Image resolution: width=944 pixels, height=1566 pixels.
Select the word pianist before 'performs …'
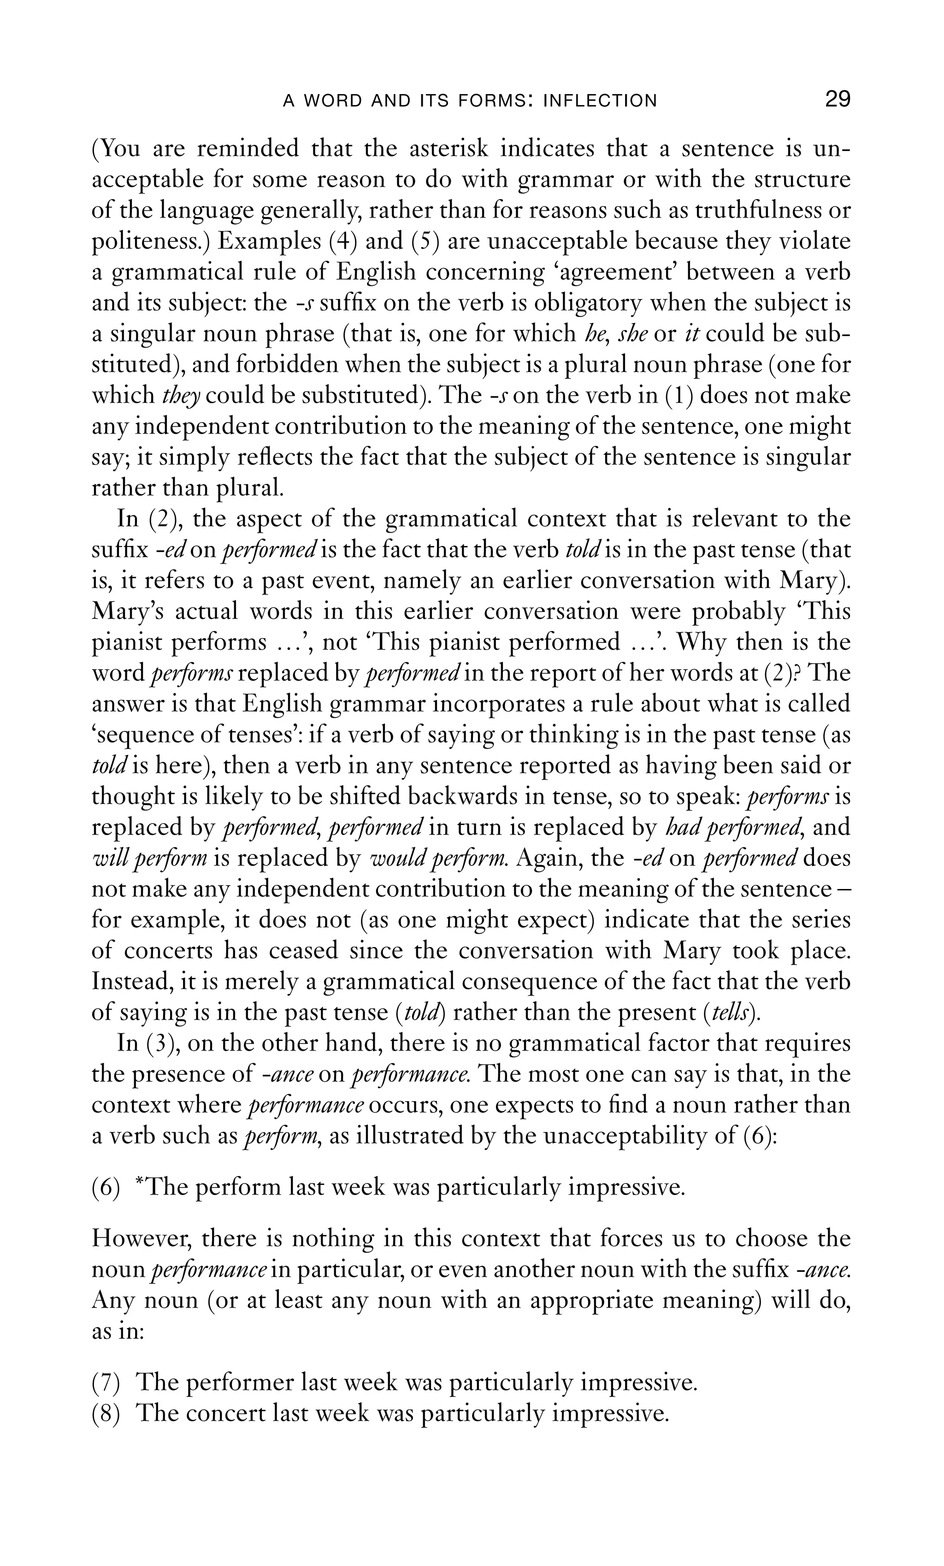pyautogui.click(x=126, y=642)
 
